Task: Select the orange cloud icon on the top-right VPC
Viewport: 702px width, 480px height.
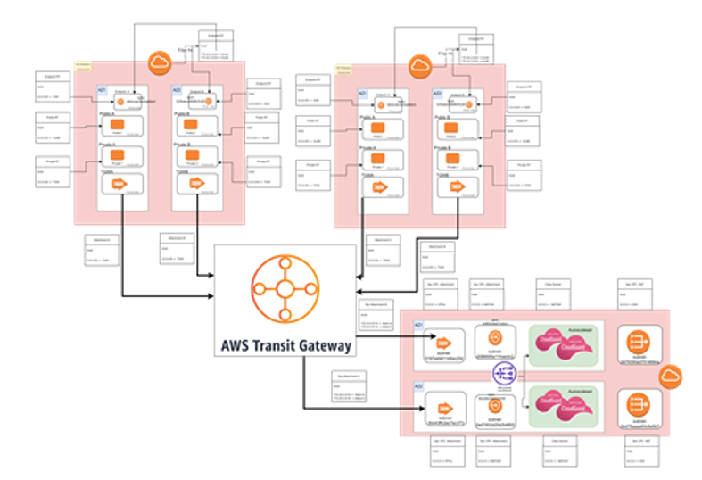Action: click(x=418, y=65)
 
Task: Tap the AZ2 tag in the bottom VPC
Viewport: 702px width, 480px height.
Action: click(x=417, y=386)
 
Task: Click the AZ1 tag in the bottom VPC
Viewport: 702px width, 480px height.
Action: click(x=417, y=327)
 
